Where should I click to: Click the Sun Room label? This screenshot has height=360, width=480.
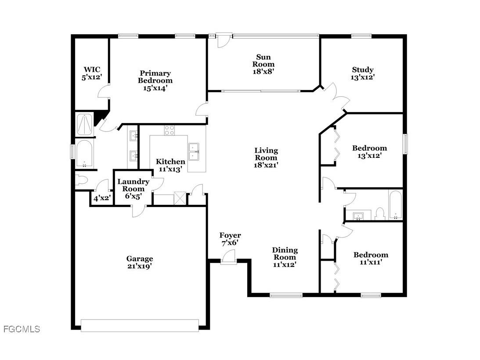click(x=263, y=64)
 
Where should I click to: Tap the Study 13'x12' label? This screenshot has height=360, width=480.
click(x=363, y=73)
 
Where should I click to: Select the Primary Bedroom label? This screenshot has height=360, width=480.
click(x=155, y=80)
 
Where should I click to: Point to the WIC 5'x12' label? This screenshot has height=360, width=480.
click(x=92, y=73)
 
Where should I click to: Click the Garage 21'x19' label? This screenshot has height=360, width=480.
click(x=140, y=262)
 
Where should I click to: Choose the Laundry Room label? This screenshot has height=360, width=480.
click(x=133, y=189)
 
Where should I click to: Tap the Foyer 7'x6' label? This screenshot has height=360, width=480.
click(x=230, y=239)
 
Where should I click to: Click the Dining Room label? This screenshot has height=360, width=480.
click(x=285, y=257)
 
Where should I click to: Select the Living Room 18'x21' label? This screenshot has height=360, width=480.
click(x=266, y=157)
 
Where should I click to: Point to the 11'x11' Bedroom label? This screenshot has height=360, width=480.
click(x=371, y=258)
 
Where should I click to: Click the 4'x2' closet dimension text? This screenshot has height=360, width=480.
click(x=101, y=198)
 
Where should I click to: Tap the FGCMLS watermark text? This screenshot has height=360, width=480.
click(x=21, y=329)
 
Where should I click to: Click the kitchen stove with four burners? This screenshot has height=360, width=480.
click(x=169, y=130)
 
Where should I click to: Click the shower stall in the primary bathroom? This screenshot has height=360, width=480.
click(x=84, y=124)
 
